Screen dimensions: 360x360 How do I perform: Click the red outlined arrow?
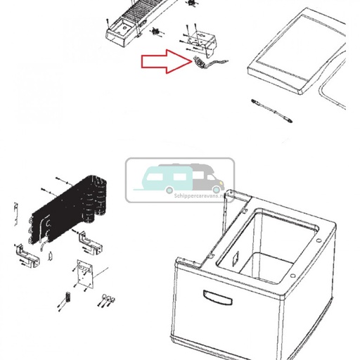(x=165, y=63)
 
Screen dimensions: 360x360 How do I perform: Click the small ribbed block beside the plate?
(x=68, y=296)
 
